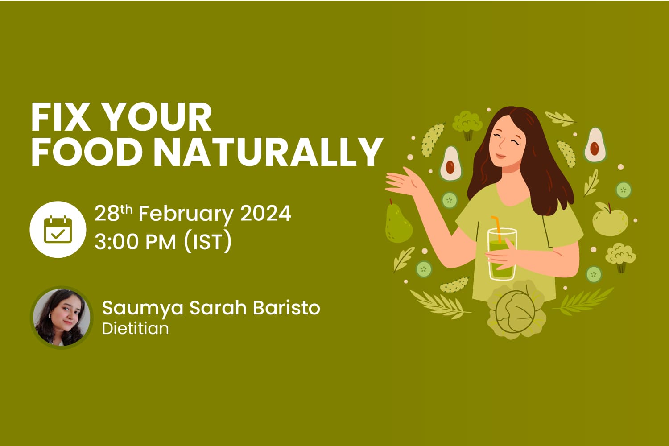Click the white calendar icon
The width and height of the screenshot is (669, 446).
click(x=58, y=229)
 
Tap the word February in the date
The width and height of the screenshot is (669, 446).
click(x=186, y=215)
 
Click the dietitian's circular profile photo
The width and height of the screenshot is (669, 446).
click(x=62, y=317)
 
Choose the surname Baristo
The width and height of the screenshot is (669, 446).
click(x=286, y=308)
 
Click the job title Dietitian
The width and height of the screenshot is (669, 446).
click(x=135, y=328)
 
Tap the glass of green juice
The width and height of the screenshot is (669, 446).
click(x=502, y=254)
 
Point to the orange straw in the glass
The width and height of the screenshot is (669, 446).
click(x=497, y=228)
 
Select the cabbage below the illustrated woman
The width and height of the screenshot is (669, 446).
click(x=516, y=311)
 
